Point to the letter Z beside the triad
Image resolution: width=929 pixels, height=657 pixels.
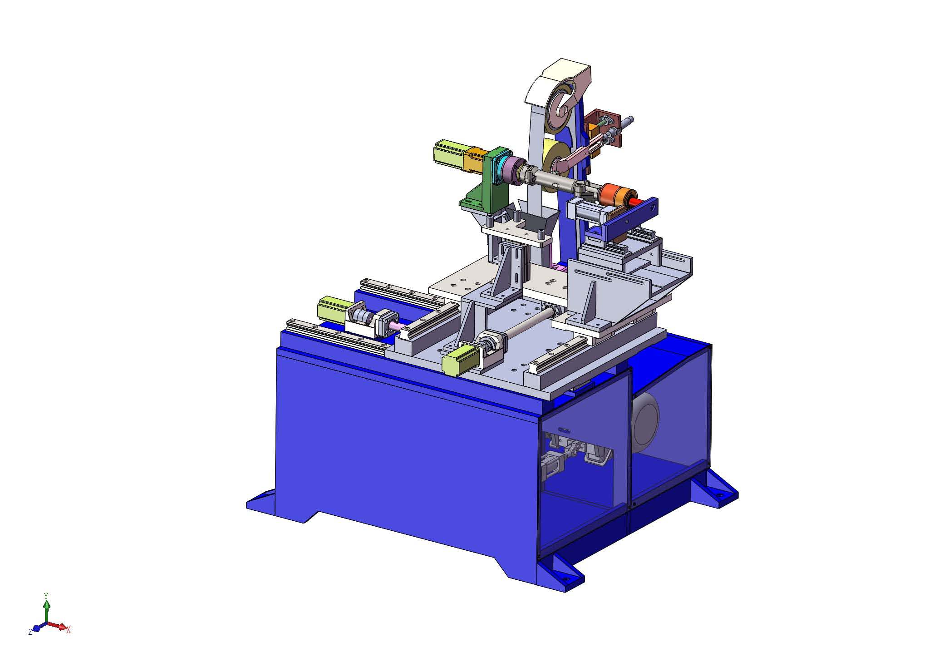(30, 632)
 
